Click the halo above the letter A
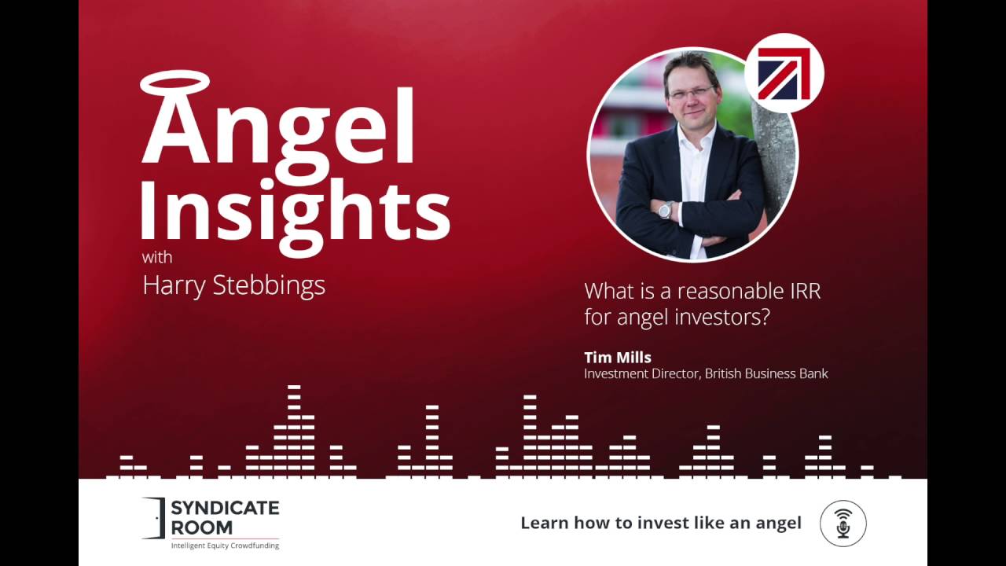click(175, 83)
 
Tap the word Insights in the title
click(296, 204)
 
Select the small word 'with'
click(157, 257)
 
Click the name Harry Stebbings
click(233, 285)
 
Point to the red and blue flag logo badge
click(784, 73)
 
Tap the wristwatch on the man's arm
click(666, 210)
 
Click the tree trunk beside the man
click(774, 157)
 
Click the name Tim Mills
click(617, 358)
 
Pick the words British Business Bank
click(766, 373)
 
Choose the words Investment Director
click(641, 373)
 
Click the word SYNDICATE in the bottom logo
click(225, 509)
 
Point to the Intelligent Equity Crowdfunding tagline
click(225, 546)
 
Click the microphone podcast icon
click(843, 523)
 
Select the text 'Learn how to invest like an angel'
click(661, 523)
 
